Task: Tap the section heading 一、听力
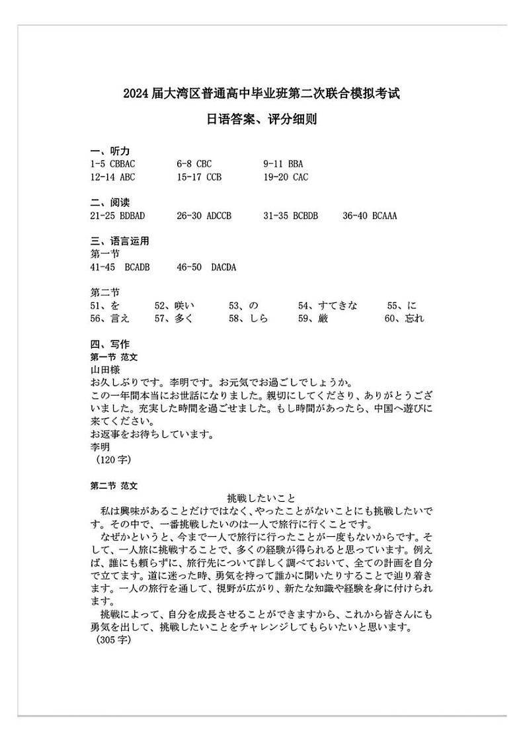click(x=110, y=151)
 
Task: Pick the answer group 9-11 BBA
click(x=284, y=164)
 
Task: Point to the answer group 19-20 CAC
click(x=286, y=177)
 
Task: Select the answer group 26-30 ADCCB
click(x=204, y=216)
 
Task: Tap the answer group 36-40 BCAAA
click(x=370, y=216)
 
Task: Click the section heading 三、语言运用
click(x=120, y=241)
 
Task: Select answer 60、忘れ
click(x=404, y=319)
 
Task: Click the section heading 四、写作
click(x=110, y=344)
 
